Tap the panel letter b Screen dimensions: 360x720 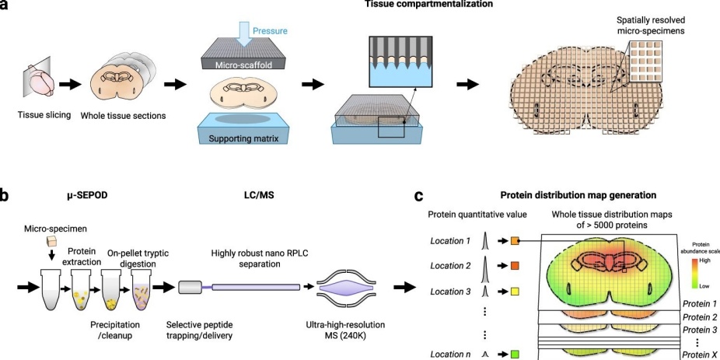5,197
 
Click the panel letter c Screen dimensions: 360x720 418,197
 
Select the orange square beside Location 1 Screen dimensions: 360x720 515,241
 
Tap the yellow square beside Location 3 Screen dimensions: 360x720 515,292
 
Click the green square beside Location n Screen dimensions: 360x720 515,354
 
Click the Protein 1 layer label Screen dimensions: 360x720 697,302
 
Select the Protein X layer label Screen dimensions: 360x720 697,355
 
